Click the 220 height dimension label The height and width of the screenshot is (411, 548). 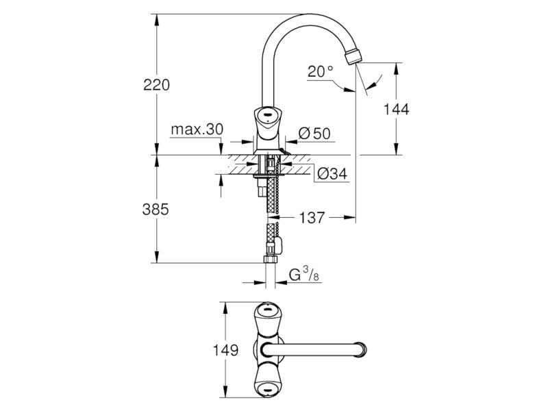pos(156,85)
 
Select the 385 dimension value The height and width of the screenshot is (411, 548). pos(155,210)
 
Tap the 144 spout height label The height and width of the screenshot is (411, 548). pos(397,110)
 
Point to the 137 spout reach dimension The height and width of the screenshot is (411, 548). pos(312,218)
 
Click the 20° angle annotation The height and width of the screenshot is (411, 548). pos(320,72)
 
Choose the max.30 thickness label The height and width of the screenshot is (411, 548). pos(197,129)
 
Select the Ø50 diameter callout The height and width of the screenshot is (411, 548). pos(314,134)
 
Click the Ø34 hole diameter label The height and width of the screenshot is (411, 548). pos(332,174)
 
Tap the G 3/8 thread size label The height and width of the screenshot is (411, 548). pos(303,275)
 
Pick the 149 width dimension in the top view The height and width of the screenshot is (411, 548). pos(226,350)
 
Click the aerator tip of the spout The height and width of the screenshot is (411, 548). pos(353,57)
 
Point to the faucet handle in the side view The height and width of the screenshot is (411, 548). pos(267,123)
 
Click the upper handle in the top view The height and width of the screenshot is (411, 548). pos(268,317)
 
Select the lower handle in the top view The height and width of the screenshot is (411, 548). pos(268,382)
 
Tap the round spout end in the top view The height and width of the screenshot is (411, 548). pos(362,350)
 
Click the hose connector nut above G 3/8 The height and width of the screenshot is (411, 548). pos(271,260)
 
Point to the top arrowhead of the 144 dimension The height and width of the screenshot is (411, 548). pos(396,68)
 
